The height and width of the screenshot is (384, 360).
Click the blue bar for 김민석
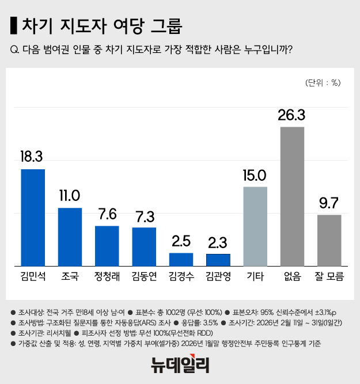coord(33,217)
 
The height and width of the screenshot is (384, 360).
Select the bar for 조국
coord(70,237)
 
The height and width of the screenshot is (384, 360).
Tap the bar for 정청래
coord(107,245)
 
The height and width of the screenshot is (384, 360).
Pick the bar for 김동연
coord(144,246)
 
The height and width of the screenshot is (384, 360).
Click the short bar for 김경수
coord(181,259)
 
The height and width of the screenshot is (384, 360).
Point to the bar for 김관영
coord(218,260)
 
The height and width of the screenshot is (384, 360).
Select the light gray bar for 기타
coord(255,226)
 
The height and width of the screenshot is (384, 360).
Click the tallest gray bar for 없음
coord(292,196)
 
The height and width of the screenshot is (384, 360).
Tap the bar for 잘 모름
coord(329,240)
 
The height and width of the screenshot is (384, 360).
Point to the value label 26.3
coord(291,115)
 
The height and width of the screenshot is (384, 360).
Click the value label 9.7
coord(329,203)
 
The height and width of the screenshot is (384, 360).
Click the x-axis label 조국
coord(70,276)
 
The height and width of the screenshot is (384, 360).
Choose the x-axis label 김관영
coord(218,276)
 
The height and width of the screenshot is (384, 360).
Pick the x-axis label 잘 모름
coord(329,276)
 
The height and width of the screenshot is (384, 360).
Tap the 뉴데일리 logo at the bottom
coord(180,364)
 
